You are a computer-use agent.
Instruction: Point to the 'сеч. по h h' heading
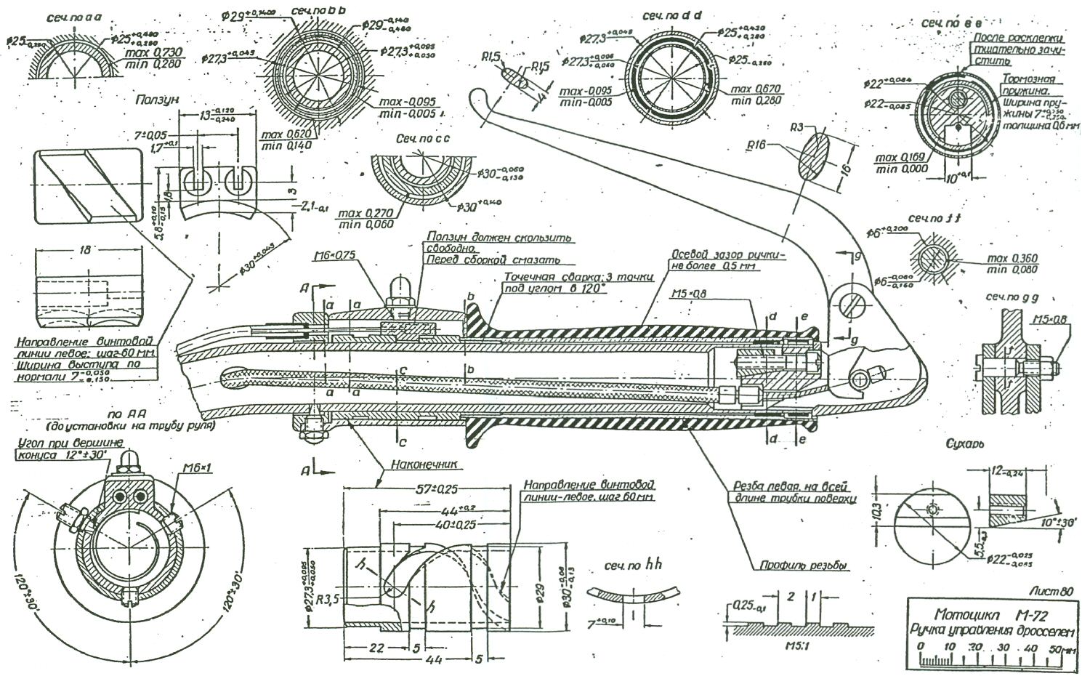pyautogui.click(x=634, y=566)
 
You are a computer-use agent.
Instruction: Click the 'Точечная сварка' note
pyautogui.click(x=578, y=277)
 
